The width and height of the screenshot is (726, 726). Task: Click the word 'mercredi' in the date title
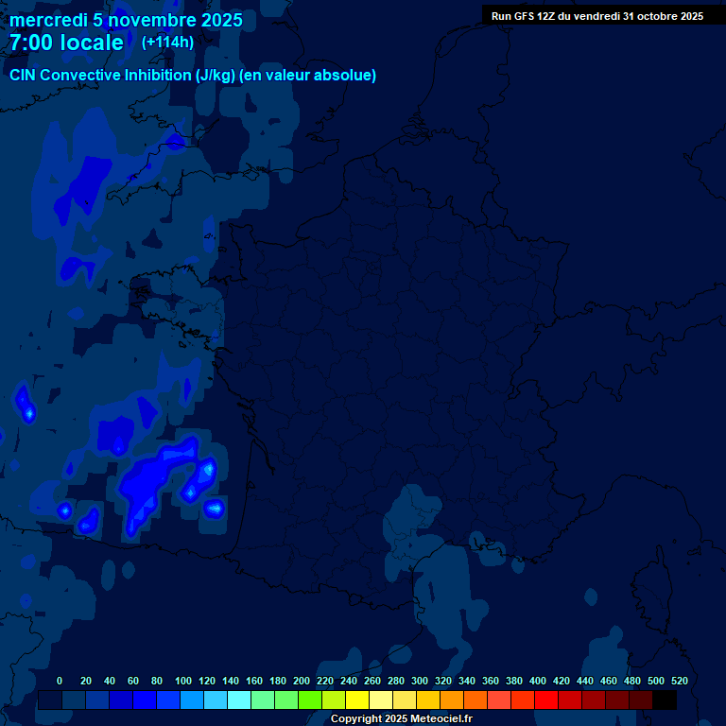[x=46, y=20]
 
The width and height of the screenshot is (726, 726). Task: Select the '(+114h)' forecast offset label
[x=167, y=43]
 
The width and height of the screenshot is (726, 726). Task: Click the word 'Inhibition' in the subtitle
[x=157, y=76]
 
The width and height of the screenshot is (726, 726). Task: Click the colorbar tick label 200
[x=302, y=681]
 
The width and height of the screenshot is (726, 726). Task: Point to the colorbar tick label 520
[x=680, y=681]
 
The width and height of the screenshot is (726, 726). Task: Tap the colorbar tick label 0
[x=60, y=681]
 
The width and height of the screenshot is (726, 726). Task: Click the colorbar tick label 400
[x=538, y=681]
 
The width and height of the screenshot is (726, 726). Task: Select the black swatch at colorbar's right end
[x=665, y=700]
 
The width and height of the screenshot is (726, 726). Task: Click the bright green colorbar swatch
[x=310, y=700]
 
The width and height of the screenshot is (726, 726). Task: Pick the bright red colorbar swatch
[x=546, y=700]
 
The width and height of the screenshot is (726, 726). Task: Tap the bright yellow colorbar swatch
[x=357, y=700]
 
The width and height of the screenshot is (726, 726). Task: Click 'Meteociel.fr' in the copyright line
[x=441, y=719]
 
